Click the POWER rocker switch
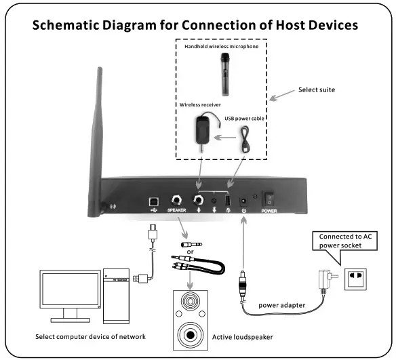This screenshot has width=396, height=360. pos(269,199)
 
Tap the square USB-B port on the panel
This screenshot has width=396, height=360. pos(153,201)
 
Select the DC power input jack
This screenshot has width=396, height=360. pos(243,201)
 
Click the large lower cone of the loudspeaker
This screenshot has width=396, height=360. pos(190,335)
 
